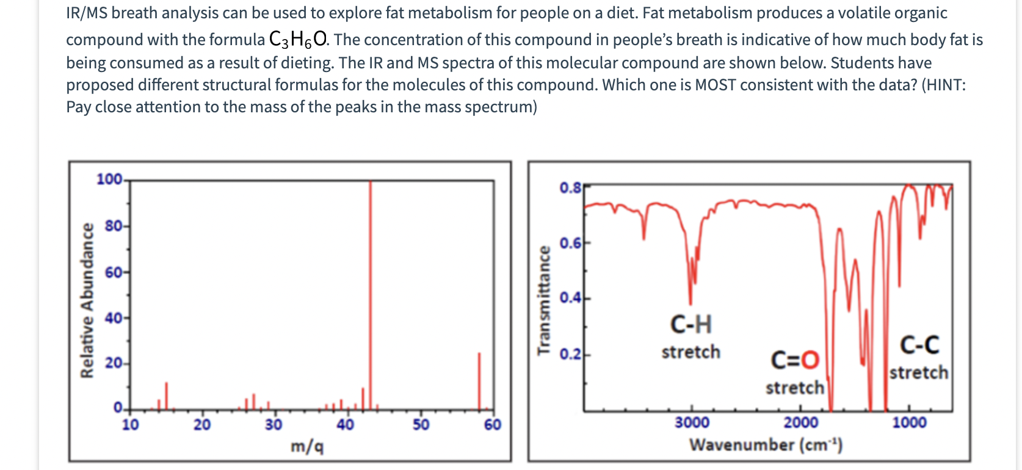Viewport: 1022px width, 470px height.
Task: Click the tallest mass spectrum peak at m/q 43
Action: (370, 293)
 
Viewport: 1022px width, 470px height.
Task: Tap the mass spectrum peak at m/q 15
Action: (165, 396)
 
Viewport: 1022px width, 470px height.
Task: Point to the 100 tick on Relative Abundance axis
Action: (110, 179)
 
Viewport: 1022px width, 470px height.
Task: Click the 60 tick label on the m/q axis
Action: (492, 425)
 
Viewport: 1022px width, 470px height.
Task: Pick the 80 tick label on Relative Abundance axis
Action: (114, 226)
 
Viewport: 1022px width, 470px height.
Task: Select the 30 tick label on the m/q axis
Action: (274, 425)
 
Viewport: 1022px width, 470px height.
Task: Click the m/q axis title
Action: (307, 447)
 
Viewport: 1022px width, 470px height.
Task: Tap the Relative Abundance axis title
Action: (88, 300)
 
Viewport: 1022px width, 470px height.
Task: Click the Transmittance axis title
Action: (543, 300)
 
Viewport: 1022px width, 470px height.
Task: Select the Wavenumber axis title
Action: (766, 445)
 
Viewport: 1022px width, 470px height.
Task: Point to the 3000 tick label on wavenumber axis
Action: (692, 423)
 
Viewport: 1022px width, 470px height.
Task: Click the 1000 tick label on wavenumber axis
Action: (909, 423)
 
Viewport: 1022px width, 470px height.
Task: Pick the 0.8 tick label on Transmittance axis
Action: (570, 187)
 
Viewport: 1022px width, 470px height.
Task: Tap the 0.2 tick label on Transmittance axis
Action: (570, 355)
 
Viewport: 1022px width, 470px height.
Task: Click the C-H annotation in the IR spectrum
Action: (691, 325)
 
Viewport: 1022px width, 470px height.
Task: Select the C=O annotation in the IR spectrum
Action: (795, 360)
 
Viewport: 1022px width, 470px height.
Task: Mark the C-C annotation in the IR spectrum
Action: (919, 345)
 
